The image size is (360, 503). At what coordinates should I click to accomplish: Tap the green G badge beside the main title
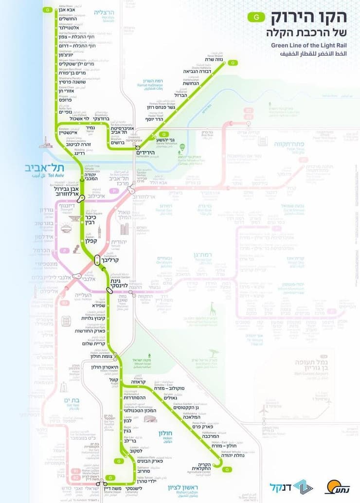coord(256,18)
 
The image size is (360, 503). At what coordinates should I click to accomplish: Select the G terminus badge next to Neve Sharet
coord(234,62)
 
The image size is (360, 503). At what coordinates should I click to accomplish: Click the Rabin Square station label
coord(92,219)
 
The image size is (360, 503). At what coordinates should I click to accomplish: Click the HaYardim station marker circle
coord(138,147)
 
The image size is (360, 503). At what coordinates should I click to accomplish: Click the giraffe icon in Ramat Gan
coord(213,309)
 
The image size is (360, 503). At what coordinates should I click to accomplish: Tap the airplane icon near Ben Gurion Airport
coord(264,410)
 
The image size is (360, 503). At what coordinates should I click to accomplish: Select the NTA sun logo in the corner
coord(334,486)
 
